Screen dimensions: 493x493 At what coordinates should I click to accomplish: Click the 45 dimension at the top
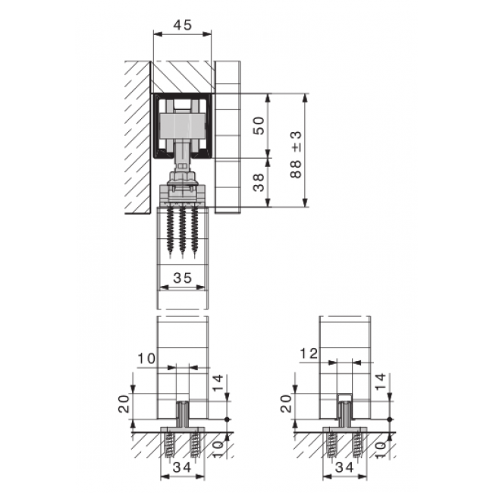[x=182, y=25]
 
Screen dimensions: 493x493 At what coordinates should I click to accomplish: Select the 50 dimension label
[x=259, y=125]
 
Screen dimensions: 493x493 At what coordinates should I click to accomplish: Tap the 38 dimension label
[x=259, y=182]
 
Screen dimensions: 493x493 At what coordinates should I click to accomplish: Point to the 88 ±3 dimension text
[x=296, y=155]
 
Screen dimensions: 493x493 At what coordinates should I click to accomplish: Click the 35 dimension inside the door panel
[x=182, y=278]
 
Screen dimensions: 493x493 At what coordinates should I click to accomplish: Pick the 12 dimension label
[x=309, y=353]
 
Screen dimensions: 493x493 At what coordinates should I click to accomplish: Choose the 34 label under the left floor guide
[x=182, y=467]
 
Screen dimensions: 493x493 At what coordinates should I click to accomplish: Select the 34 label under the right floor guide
[x=344, y=467]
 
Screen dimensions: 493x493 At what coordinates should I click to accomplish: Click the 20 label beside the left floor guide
[x=124, y=404]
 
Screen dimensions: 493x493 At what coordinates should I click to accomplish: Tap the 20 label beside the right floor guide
[x=286, y=404]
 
